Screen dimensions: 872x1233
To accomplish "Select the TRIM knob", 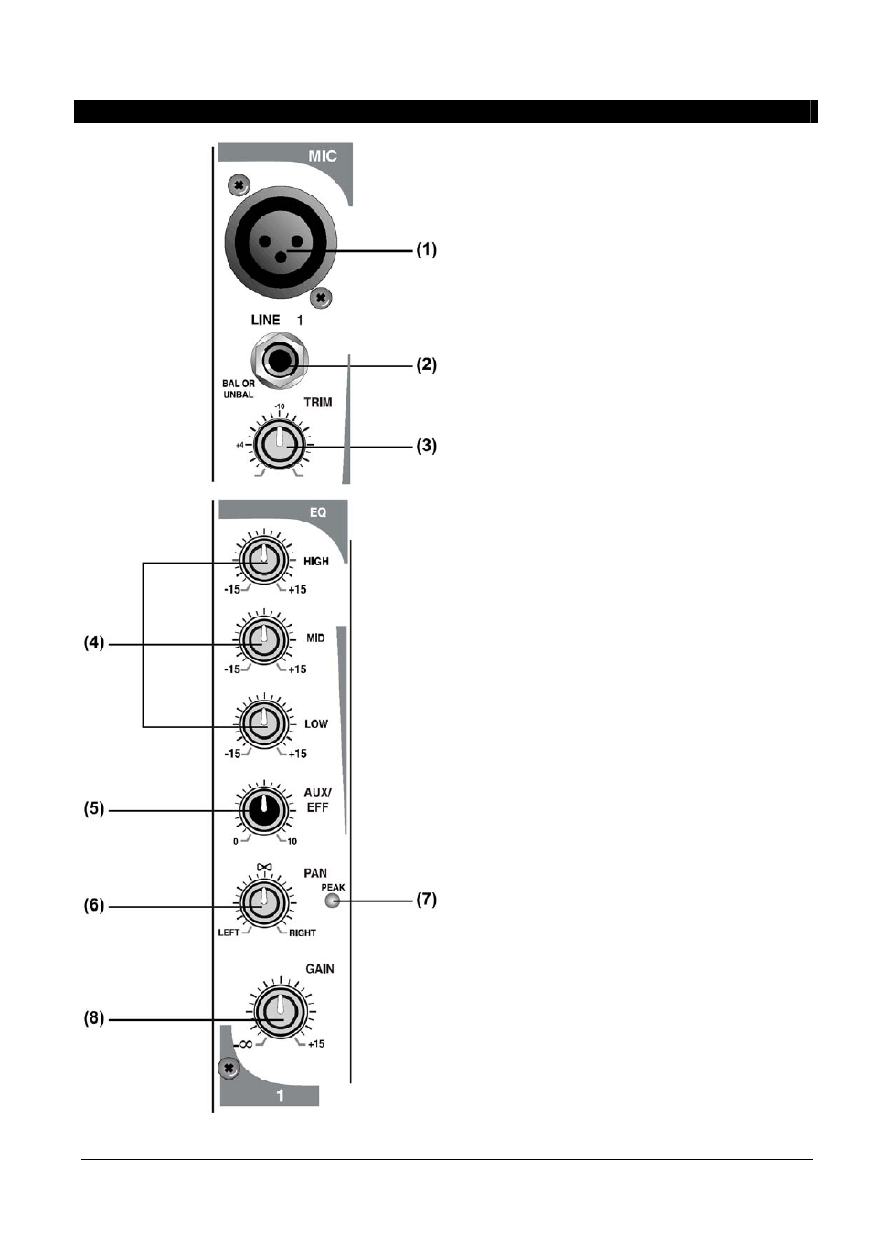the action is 280,444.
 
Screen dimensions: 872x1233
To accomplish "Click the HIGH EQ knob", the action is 264,561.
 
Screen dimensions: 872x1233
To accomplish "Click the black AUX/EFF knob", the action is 264,810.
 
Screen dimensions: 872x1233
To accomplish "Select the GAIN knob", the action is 281,1012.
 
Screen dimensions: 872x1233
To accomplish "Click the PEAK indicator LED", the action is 332,901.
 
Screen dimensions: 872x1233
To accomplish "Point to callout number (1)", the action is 426,249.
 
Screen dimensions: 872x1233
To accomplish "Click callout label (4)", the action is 93,642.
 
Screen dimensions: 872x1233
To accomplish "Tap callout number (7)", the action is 426,900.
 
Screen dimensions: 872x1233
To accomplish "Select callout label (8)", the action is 93,1017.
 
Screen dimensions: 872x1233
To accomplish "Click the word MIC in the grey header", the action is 323,156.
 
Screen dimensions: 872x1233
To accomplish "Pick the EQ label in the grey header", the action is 318,512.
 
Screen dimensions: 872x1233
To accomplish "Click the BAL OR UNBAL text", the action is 239,389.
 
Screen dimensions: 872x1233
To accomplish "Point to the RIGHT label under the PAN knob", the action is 303,933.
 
